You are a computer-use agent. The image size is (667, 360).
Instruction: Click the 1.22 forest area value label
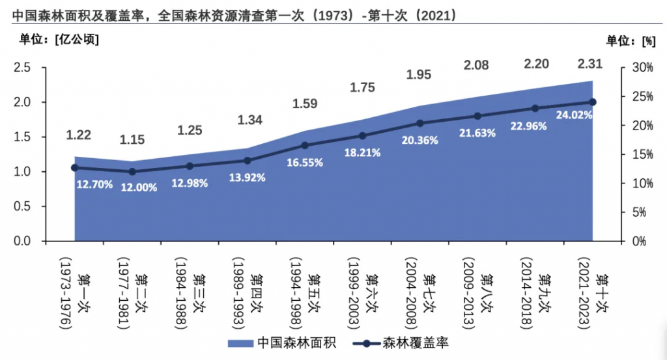pyautogui.click(x=79, y=135)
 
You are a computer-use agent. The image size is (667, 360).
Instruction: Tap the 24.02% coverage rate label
pyautogui.click(x=574, y=115)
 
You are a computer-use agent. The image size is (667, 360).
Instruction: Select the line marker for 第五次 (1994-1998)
pyautogui.click(x=305, y=145)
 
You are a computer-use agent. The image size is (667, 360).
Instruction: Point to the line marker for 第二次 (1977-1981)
pyautogui.click(x=132, y=172)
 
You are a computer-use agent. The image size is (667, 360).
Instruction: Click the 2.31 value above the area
pyautogui.click(x=590, y=64)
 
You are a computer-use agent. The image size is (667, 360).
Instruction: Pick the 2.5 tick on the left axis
pyautogui.click(x=23, y=68)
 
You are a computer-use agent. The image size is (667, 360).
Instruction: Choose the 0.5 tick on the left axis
pyautogui.click(x=23, y=206)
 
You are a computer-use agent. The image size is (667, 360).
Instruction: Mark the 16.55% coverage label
pyautogui.click(x=305, y=163)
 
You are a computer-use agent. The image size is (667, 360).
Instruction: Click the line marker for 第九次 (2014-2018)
pyautogui.click(x=535, y=109)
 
